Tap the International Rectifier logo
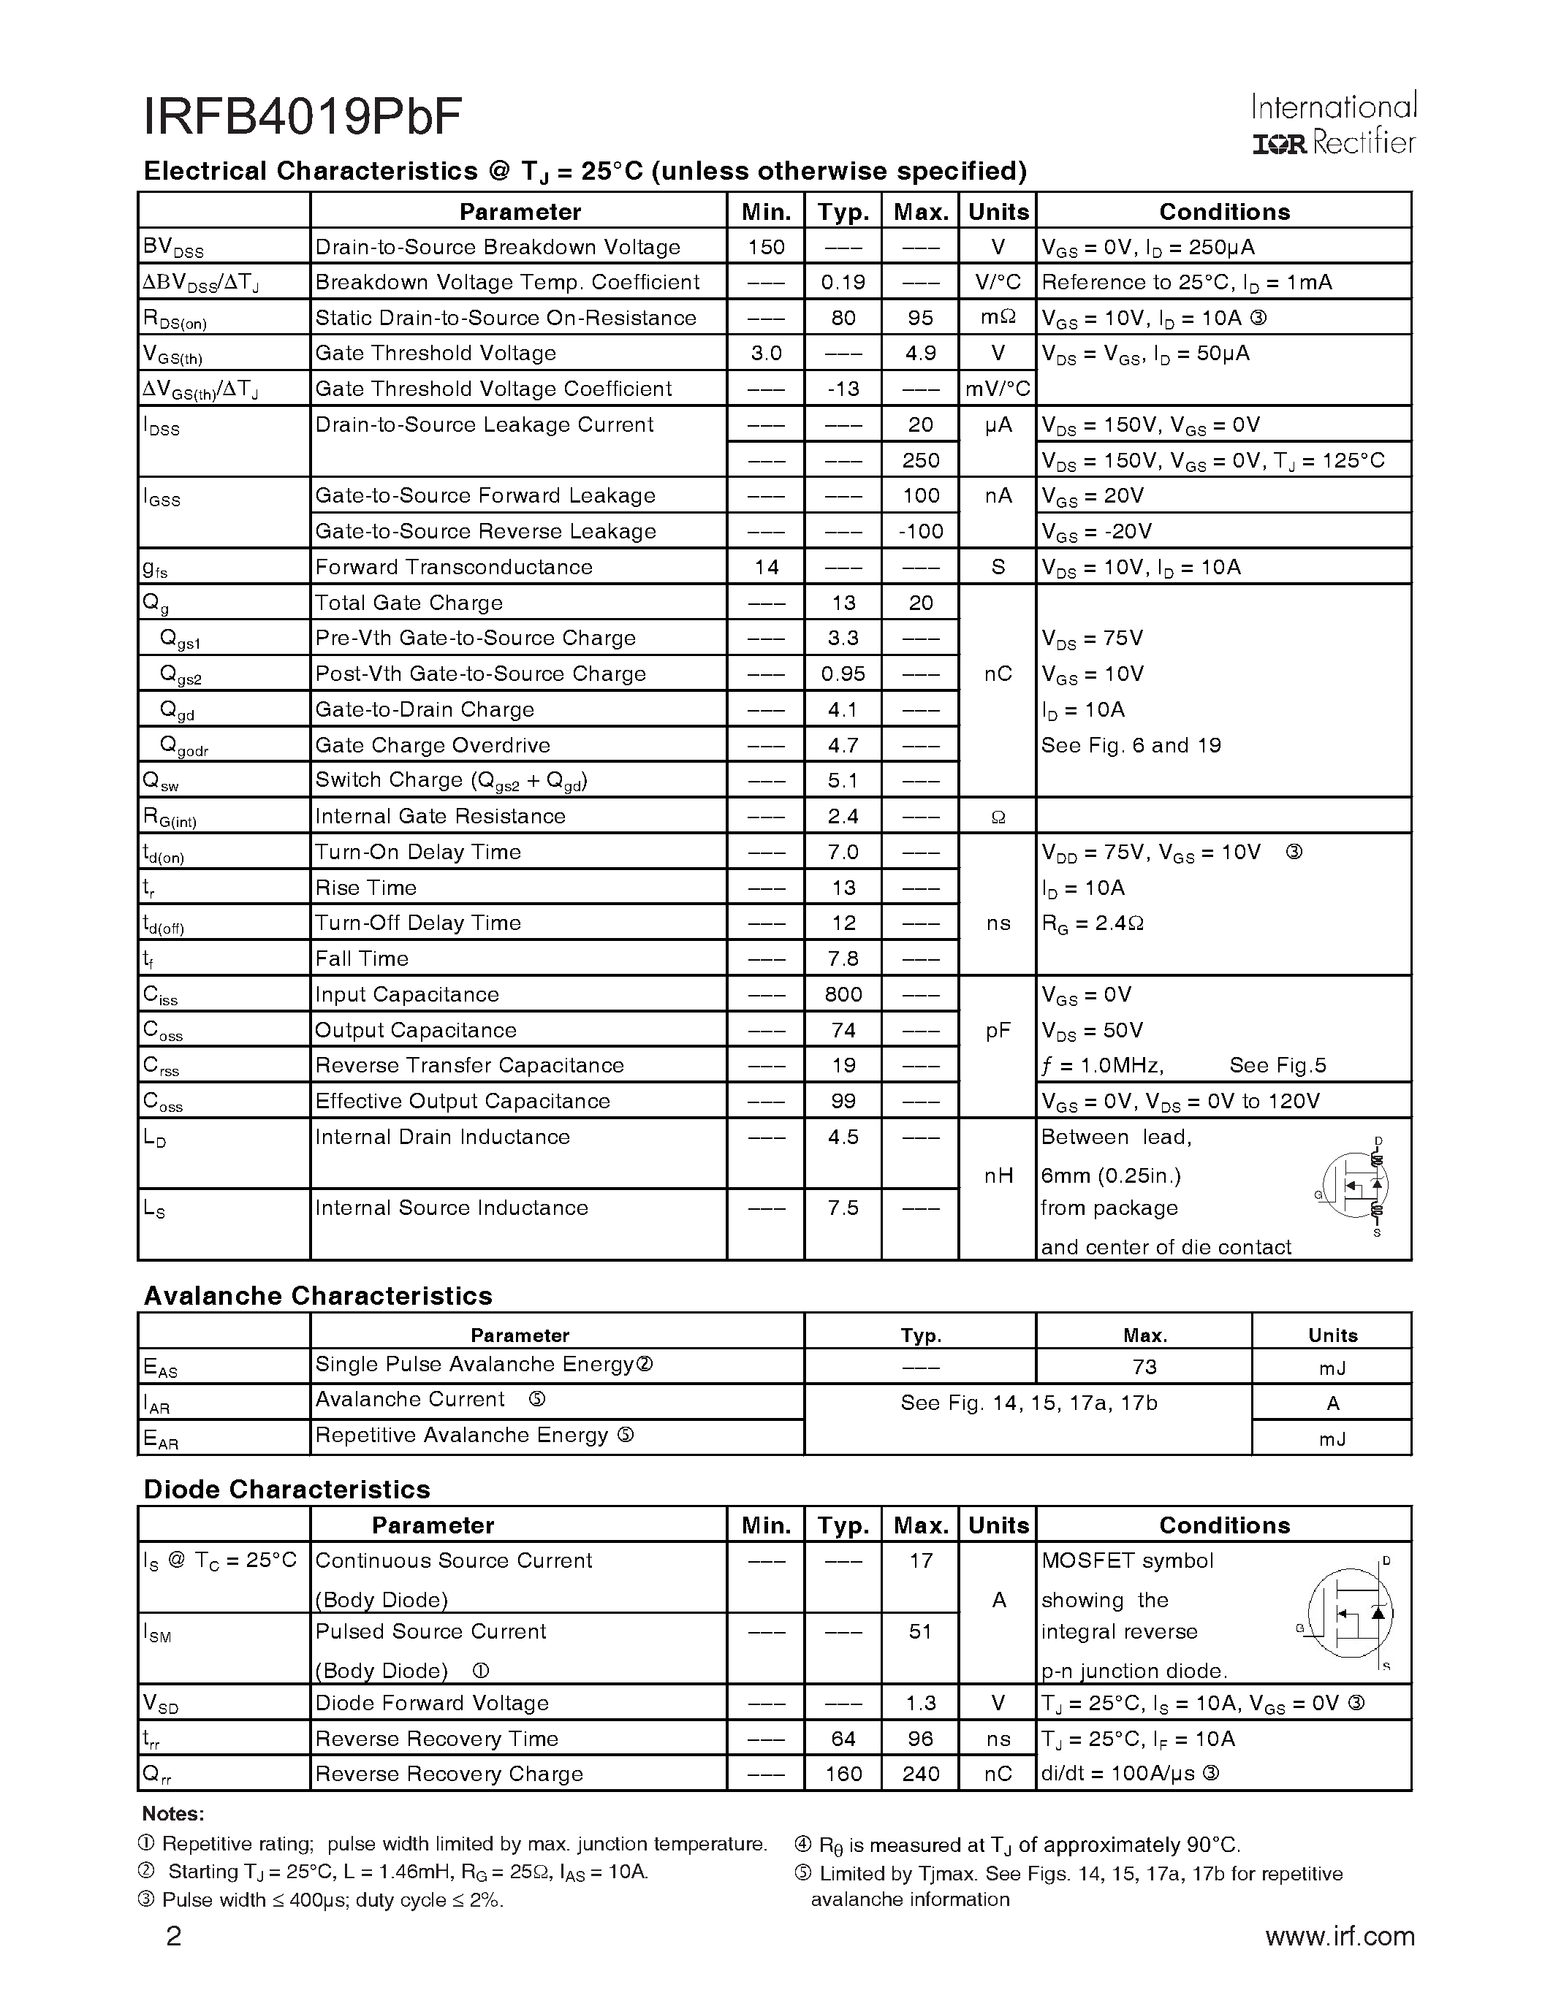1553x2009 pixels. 1333,124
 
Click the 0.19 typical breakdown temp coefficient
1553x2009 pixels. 843,283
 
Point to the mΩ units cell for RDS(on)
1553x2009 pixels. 998,319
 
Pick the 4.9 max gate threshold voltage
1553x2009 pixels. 920,354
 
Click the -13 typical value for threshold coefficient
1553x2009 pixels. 843,389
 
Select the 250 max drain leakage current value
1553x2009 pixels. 920,460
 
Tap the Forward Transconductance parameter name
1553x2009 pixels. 454,568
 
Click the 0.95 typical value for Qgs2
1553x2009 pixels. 843,674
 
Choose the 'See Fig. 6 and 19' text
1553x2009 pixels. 1131,745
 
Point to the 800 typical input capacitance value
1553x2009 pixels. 843,994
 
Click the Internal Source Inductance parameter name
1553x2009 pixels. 452,1208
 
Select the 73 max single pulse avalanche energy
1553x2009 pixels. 1144,1367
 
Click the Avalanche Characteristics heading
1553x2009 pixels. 317,1296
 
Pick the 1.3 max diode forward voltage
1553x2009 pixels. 920,1703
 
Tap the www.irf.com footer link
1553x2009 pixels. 1340,1937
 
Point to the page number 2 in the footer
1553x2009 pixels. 173,1937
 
